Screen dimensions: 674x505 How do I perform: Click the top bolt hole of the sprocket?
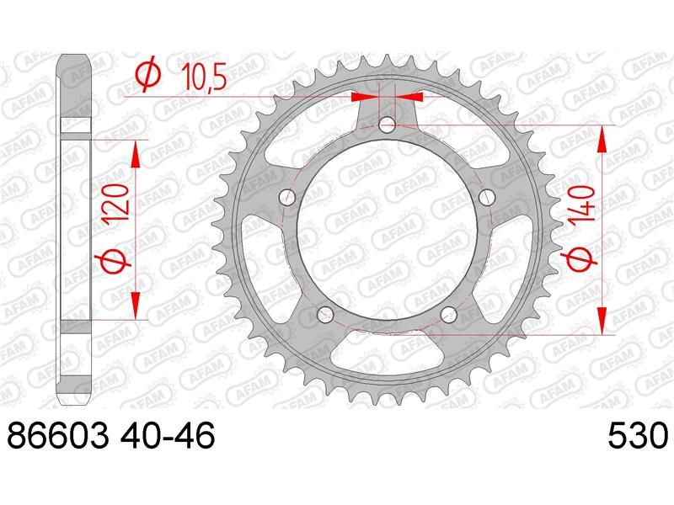pos(387,125)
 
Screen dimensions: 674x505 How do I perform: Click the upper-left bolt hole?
pos(287,198)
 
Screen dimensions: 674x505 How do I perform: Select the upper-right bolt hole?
pos(487,198)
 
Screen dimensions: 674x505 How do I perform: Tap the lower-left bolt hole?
pos(325,315)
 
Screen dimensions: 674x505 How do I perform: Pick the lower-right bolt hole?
pos(449,315)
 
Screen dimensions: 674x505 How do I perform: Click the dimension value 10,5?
pos(204,77)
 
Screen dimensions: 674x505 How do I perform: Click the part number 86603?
pos(57,435)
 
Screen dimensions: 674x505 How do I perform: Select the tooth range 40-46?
pos(167,435)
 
